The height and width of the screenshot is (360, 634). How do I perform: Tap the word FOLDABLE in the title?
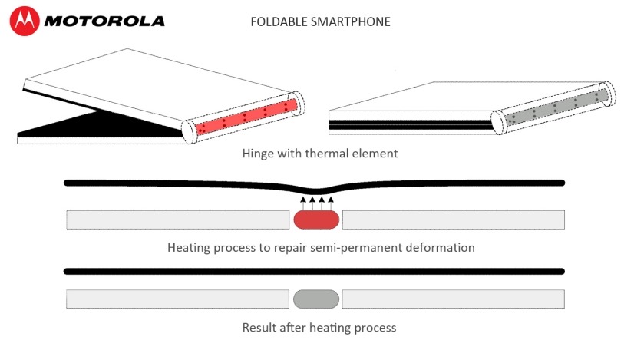(278, 21)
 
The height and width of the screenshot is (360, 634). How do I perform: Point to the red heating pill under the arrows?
(316, 220)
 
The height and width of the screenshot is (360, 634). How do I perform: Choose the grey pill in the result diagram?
(316, 299)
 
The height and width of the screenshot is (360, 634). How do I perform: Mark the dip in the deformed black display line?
(316, 190)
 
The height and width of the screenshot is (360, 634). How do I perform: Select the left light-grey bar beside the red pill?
(177, 220)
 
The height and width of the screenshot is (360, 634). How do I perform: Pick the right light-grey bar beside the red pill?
(454, 220)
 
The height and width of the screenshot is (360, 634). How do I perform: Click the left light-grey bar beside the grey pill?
(177, 299)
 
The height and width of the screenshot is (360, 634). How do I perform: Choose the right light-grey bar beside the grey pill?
(454, 299)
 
